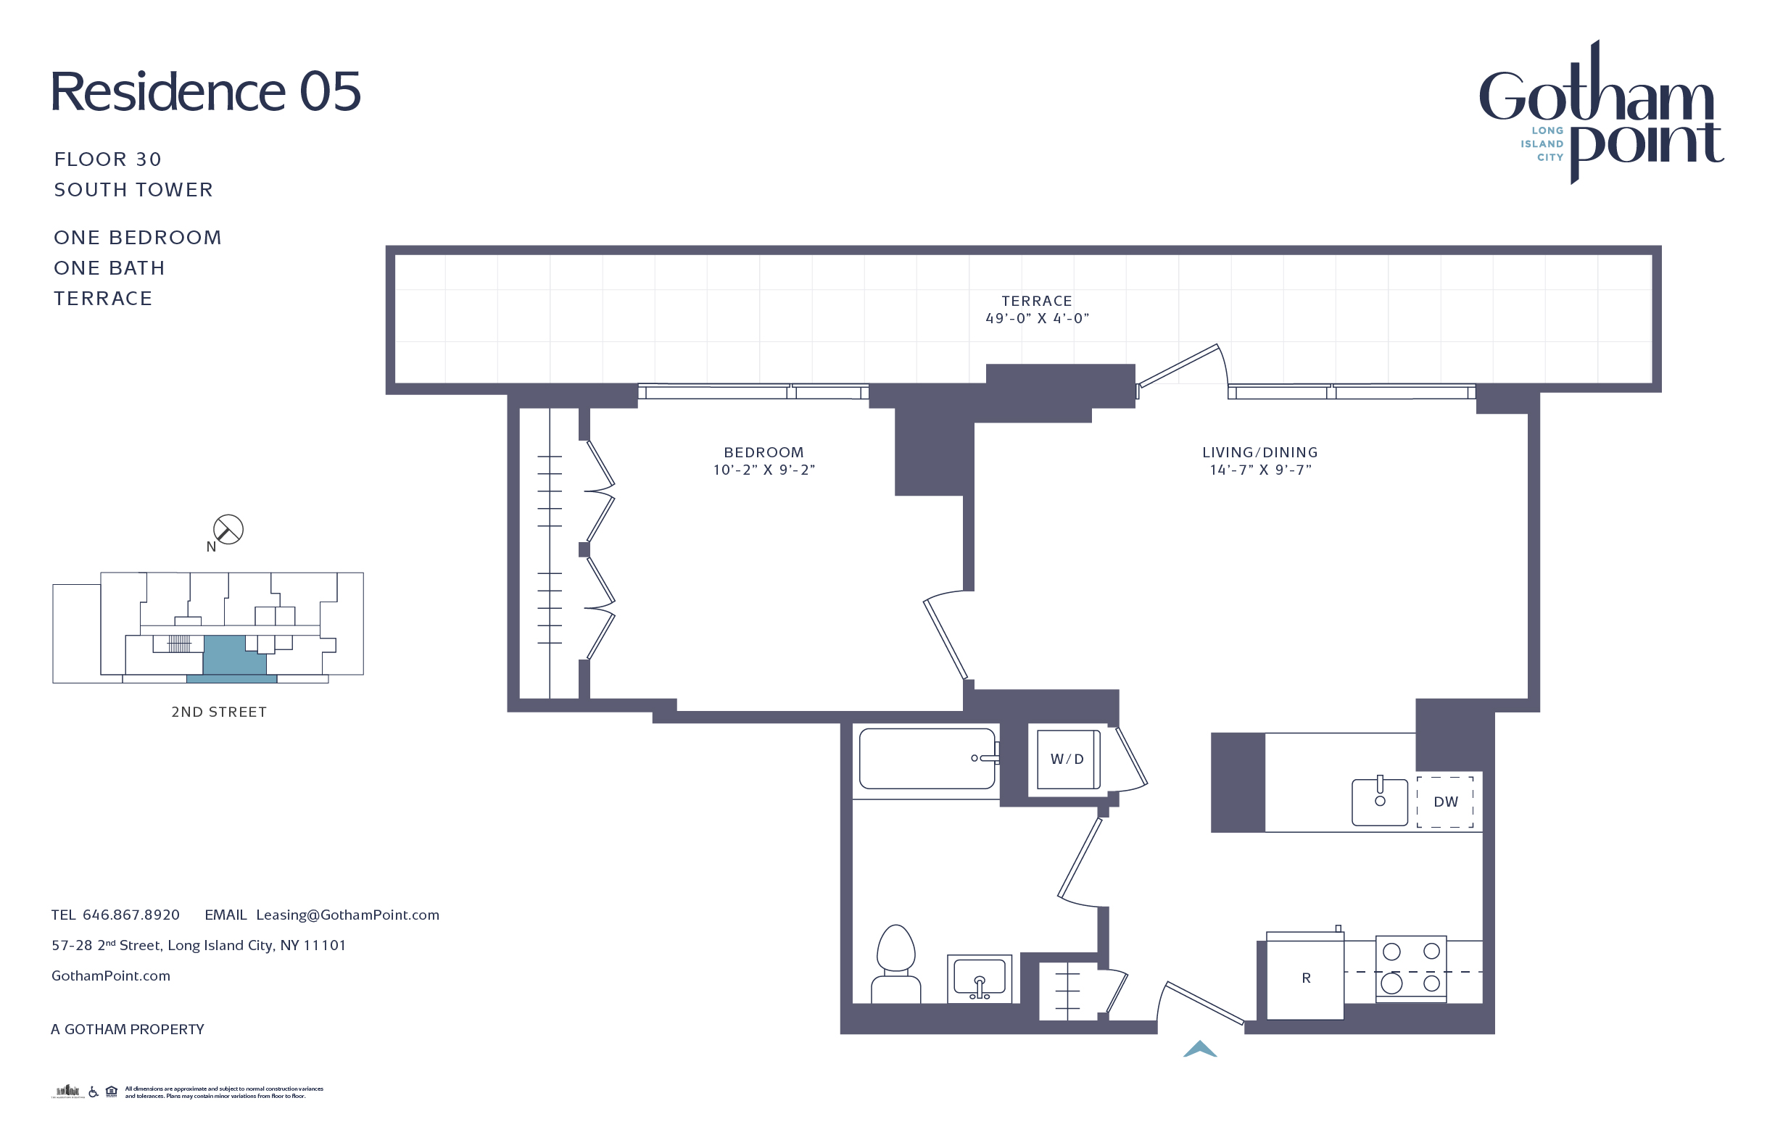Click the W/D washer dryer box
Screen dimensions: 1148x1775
tap(1067, 759)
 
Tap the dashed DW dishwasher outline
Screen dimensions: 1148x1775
tap(1444, 802)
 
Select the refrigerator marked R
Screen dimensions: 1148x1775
tap(1305, 977)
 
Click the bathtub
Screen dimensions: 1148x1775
tap(927, 759)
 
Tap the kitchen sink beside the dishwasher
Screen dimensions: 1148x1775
tap(1380, 802)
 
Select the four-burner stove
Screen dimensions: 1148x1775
tap(1411, 968)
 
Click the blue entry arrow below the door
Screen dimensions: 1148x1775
tap(1200, 1049)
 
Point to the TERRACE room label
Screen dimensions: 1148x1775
tap(1037, 301)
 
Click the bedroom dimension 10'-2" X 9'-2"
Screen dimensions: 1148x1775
tap(764, 470)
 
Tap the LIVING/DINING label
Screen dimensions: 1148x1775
tap(1259, 452)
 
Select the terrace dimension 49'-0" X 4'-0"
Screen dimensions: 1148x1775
tap(1037, 318)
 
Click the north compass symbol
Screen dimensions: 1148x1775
tap(228, 529)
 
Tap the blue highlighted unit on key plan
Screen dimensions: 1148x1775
tap(233, 656)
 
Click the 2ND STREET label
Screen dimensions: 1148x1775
tap(218, 712)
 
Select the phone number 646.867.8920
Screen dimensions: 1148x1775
tap(131, 915)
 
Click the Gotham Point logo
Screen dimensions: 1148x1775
tap(1600, 112)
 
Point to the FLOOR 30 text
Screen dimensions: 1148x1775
tap(108, 159)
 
